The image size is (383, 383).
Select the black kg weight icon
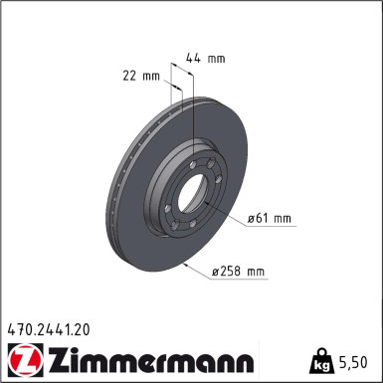coord(322,360)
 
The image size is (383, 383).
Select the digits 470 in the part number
coord(18,326)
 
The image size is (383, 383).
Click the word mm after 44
coord(219,59)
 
